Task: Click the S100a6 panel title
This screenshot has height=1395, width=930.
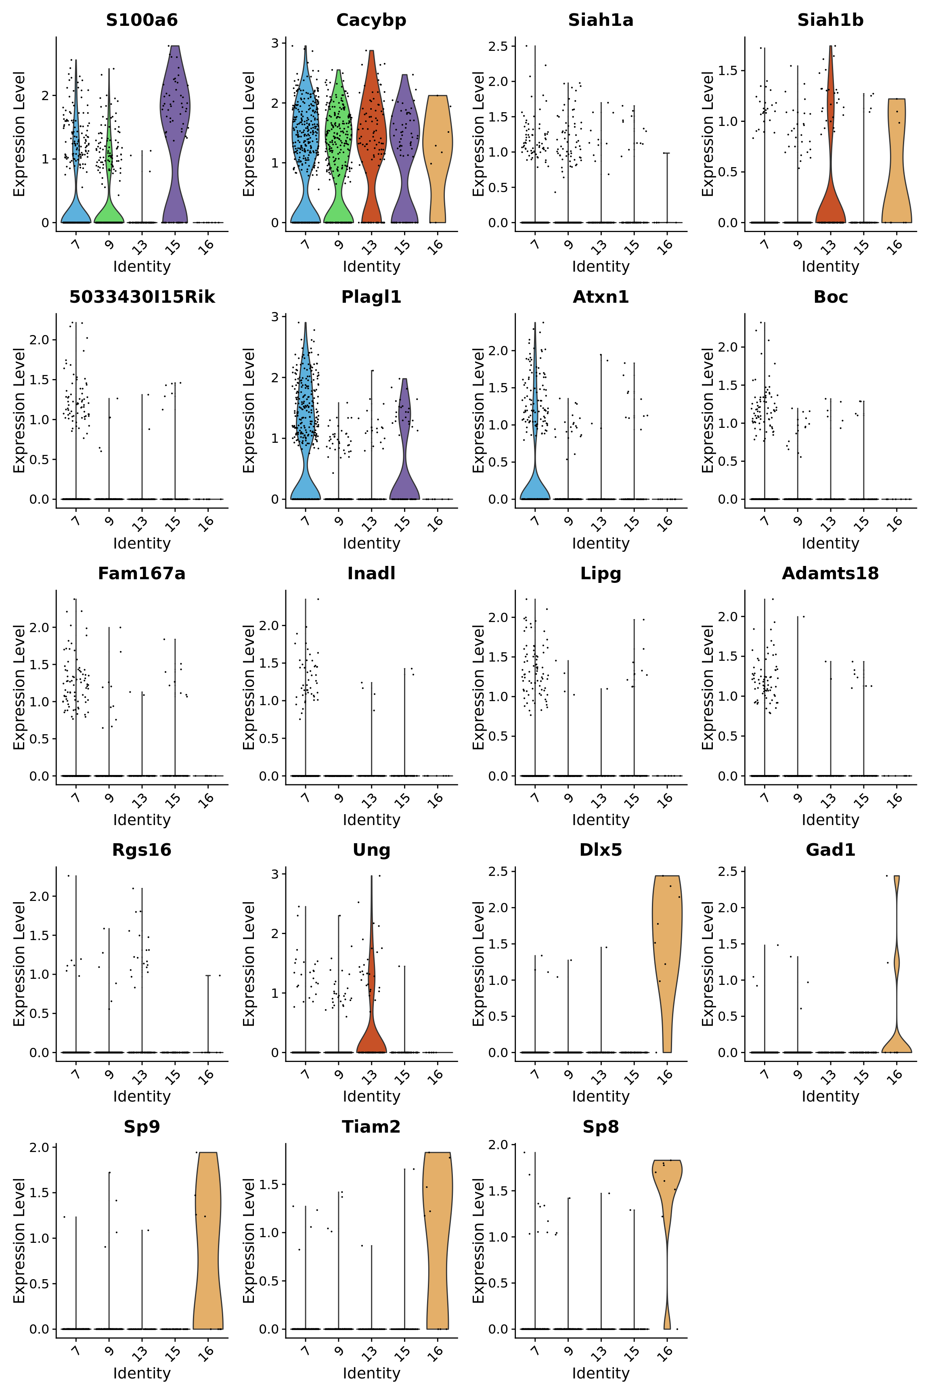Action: pyautogui.click(x=142, y=20)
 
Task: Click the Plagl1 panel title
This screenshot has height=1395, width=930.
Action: pyautogui.click(x=371, y=297)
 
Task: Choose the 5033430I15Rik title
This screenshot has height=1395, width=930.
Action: pyautogui.click(x=142, y=297)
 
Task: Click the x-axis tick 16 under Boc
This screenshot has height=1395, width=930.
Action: pyautogui.click(x=896, y=522)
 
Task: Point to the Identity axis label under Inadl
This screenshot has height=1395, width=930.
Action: pyautogui.click(x=371, y=820)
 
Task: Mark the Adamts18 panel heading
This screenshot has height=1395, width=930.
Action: pyautogui.click(x=830, y=574)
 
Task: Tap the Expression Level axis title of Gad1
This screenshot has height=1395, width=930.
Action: pyautogui.click(x=708, y=964)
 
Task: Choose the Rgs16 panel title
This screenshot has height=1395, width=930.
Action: pyautogui.click(x=142, y=850)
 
